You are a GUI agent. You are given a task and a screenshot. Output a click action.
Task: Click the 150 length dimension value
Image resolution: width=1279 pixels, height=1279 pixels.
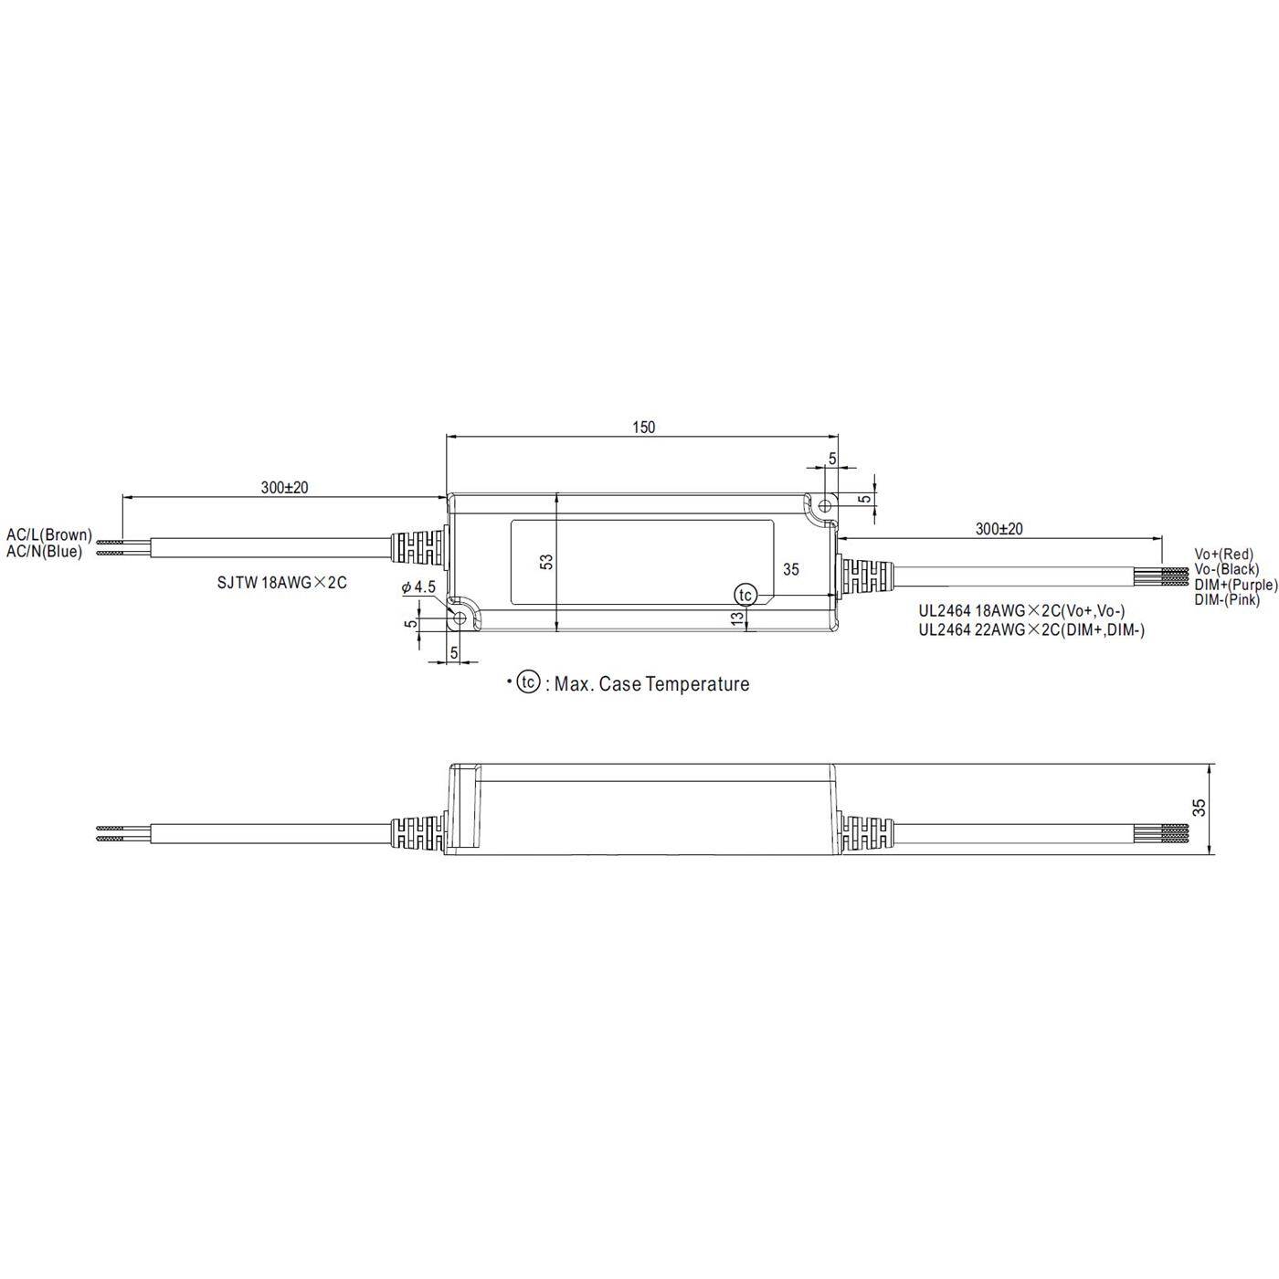pyautogui.click(x=643, y=428)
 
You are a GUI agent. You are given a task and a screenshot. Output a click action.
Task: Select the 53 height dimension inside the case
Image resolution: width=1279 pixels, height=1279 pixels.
pyautogui.click(x=546, y=562)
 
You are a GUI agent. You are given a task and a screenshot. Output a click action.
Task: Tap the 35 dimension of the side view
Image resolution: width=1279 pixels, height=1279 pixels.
pyautogui.click(x=1200, y=808)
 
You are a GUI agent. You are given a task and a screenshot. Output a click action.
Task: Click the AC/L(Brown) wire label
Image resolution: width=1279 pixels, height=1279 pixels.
pyautogui.click(x=49, y=534)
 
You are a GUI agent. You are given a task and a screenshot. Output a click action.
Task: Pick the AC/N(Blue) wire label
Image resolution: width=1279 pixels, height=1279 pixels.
pyautogui.click(x=45, y=551)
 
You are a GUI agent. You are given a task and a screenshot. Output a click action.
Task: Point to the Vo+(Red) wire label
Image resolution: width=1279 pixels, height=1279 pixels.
pyautogui.click(x=1223, y=554)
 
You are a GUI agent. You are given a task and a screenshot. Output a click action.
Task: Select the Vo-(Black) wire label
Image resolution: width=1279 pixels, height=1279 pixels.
pyautogui.click(x=1226, y=569)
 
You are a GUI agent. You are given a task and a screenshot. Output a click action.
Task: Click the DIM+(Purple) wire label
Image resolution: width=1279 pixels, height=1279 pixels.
pyautogui.click(x=1235, y=585)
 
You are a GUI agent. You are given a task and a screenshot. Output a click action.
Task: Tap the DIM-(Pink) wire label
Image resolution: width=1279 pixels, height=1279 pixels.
pyautogui.click(x=1227, y=600)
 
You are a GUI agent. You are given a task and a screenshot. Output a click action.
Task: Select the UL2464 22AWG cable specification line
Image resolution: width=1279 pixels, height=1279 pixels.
pyautogui.click(x=1031, y=629)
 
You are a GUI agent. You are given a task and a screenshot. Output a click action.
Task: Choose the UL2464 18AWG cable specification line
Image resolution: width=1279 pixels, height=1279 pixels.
pyautogui.click(x=1021, y=611)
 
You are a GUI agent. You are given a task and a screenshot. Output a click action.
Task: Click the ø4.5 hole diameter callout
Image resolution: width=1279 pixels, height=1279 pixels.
pyautogui.click(x=418, y=588)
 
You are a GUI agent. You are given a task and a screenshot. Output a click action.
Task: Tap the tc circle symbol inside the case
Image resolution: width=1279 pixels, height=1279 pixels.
pyautogui.click(x=745, y=595)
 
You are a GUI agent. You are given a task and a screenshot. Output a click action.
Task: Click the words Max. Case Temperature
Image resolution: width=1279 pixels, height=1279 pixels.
pyautogui.click(x=651, y=684)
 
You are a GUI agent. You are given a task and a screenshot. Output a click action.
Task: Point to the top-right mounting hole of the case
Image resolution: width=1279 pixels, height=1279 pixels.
pyautogui.click(x=824, y=505)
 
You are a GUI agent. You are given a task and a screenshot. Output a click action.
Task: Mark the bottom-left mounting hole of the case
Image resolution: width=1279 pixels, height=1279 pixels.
pyautogui.click(x=460, y=618)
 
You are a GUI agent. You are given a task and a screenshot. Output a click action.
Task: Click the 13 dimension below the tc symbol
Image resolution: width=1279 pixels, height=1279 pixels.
pyautogui.click(x=737, y=619)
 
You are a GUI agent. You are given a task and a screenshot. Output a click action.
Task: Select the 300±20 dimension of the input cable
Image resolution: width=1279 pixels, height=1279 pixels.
pyautogui.click(x=284, y=488)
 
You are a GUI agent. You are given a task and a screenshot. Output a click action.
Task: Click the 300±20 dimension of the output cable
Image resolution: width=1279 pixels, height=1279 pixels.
pyautogui.click(x=999, y=529)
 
